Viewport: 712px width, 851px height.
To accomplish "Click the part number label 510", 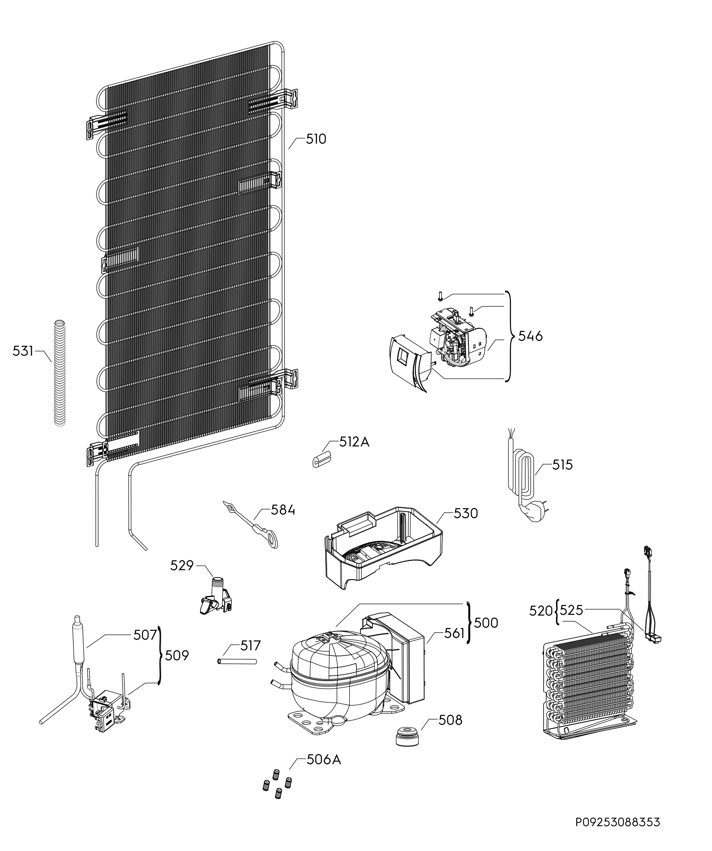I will pyautogui.click(x=315, y=139).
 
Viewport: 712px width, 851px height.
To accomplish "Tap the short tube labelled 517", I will pyautogui.click(x=237, y=661).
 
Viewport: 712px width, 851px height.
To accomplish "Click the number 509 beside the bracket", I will pyautogui.click(x=176, y=655).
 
